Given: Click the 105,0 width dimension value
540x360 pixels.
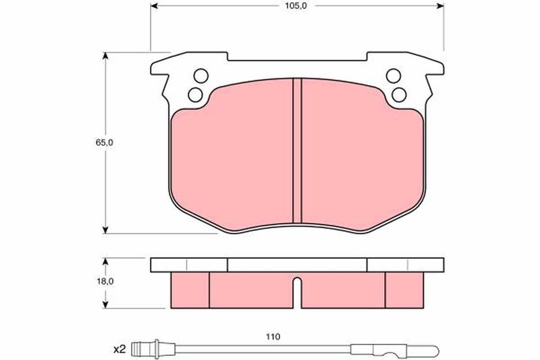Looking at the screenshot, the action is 296,6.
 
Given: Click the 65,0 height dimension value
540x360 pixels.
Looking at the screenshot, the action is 105,143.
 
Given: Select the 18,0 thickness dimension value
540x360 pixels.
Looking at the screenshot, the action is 105,281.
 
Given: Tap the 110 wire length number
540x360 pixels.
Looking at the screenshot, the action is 273,336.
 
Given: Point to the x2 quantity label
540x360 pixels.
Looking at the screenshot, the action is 119,350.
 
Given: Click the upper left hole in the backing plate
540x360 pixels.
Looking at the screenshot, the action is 200,76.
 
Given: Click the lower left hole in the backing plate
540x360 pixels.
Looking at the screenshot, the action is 195,95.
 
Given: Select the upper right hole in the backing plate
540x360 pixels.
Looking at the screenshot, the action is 394,76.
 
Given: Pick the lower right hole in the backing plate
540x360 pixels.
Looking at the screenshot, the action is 399,95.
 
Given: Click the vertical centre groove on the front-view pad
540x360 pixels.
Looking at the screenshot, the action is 297,151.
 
